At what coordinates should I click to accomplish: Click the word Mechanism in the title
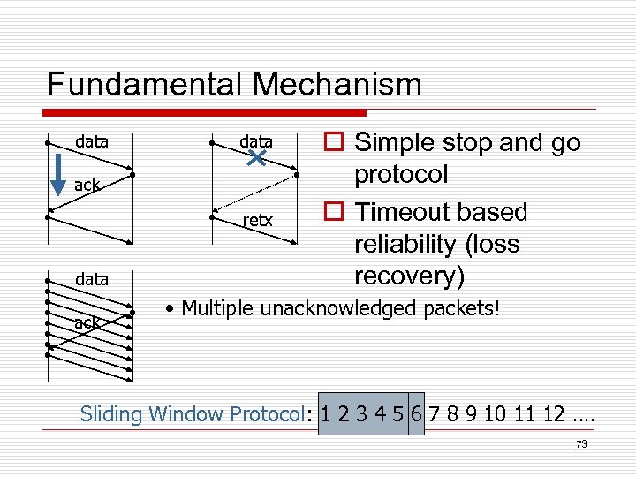pyautogui.click(x=337, y=85)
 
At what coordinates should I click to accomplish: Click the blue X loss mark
pyautogui.click(x=257, y=159)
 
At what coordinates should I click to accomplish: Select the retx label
pyautogui.click(x=258, y=220)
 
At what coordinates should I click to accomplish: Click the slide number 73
pyautogui.click(x=580, y=444)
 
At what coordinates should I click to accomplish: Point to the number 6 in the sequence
pyautogui.click(x=416, y=413)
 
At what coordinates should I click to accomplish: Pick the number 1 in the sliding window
pyautogui.click(x=327, y=413)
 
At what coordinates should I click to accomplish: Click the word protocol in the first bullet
pyautogui.click(x=401, y=174)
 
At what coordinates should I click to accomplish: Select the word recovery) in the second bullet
pyautogui.click(x=409, y=276)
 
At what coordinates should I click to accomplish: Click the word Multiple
pyautogui.click(x=218, y=309)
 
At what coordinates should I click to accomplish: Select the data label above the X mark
pyautogui.click(x=257, y=141)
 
